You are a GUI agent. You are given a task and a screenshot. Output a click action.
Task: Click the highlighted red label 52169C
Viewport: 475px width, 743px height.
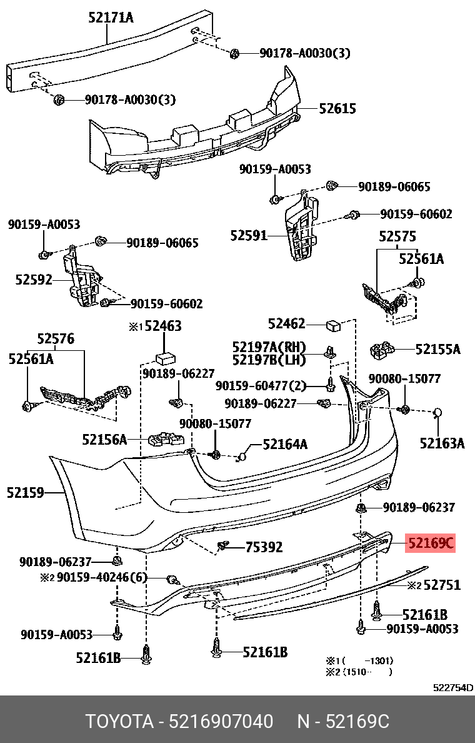pos(431,543)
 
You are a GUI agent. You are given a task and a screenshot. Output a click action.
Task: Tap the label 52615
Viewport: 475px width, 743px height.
pos(337,109)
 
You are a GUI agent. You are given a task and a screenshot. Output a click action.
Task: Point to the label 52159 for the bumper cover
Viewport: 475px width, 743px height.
pos(26,493)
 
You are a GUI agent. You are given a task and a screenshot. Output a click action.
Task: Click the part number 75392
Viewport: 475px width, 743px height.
pos(263,547)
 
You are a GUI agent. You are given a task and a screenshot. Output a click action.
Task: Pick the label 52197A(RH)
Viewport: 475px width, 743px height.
pos(269,347)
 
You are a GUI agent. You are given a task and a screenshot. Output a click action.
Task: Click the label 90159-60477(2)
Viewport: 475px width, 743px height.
pos(261,385)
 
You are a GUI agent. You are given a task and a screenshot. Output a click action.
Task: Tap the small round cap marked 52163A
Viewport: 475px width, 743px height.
pos(438,412)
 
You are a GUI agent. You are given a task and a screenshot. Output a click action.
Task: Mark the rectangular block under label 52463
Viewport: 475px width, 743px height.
pos(164,358)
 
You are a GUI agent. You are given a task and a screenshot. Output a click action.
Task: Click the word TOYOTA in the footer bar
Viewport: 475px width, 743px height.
pos(119,722)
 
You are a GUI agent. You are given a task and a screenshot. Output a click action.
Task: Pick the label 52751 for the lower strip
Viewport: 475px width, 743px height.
pos(442,585)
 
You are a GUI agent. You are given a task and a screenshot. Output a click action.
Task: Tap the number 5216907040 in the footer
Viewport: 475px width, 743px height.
pos(221,722)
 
